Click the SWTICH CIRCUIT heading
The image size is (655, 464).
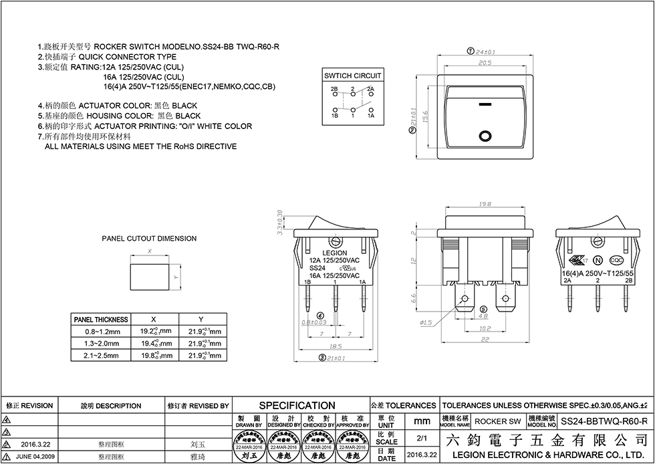352,76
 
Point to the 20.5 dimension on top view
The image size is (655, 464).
485,63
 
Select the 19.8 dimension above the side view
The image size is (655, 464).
485,204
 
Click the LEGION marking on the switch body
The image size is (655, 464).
335,253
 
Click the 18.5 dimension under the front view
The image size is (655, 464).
335,346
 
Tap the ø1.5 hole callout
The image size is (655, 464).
426,322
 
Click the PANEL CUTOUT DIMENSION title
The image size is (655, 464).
149,238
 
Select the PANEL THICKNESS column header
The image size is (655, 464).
101,320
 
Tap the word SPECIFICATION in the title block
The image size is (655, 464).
297,405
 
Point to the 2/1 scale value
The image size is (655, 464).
421,439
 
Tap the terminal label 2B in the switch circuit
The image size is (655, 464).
334,89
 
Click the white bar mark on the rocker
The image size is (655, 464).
484,105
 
